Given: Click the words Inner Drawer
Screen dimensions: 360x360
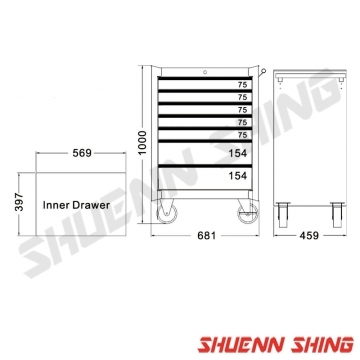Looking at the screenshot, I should (76, 205).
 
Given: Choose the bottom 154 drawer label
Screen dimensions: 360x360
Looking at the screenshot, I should (237, 176).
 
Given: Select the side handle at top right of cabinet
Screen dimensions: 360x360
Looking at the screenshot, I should (258, 71).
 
